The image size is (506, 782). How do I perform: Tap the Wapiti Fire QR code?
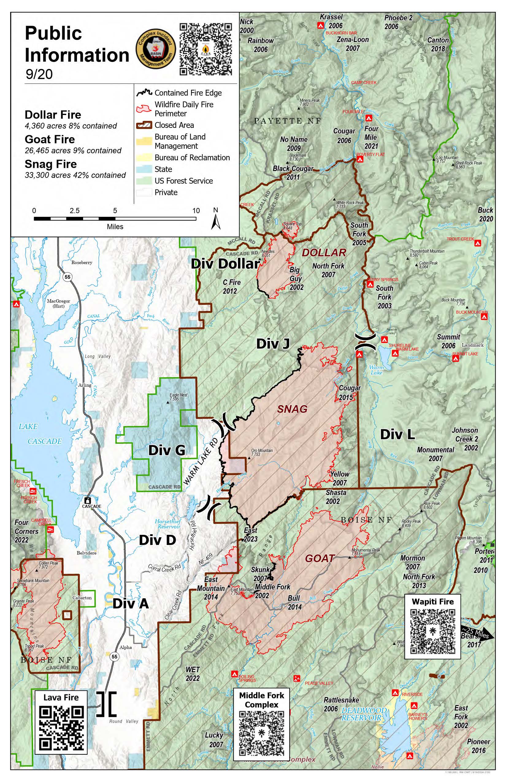coord(433,631)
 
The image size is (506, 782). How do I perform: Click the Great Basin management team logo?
coord(156,49)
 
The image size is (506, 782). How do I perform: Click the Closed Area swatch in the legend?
coord(144,125)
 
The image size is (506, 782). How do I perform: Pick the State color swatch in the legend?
coord(144,169)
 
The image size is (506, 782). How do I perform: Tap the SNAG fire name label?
coord(292,409)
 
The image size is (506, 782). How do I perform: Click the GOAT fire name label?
coord(319,558)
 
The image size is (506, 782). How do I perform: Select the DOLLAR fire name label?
coord(324,252)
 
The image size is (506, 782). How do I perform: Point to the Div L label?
coord(397,434)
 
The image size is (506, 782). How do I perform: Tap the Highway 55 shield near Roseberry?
coord(67,277)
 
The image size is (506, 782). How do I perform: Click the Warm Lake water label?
coord(377,370)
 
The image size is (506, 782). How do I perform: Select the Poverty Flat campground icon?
coord(360,159)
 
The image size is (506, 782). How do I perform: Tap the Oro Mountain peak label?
coord(262,452)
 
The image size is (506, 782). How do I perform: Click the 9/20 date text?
coord(39,74)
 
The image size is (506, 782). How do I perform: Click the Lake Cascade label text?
coord(36,434)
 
